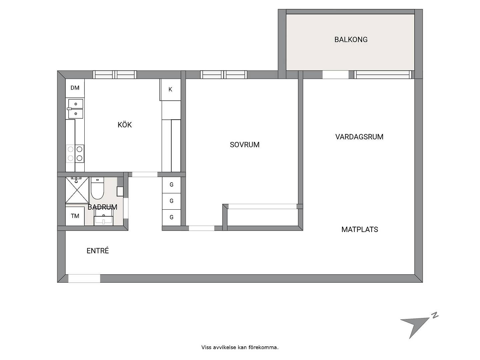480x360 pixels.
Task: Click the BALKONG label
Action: click(351, 40)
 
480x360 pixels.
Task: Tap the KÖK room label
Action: click(125, 125)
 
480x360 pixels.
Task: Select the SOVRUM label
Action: click(244, 145)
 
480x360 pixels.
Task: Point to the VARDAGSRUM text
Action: click(359, 137)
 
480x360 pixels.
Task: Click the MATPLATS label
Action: click(360, 230)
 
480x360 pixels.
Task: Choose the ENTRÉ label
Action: click(98, 251)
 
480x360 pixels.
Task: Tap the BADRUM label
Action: click(102, 207)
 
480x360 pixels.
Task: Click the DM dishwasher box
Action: click(75, 88)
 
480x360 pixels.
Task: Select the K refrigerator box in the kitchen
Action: click(170, 90)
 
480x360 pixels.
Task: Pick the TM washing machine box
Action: click(75, 216)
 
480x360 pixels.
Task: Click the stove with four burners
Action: click(75, 154)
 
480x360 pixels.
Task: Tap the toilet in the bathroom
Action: click(97, 188)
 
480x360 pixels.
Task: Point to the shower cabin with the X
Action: click(77, 190)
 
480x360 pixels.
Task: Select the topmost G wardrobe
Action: click(171, 185)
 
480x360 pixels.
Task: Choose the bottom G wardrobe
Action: click(171, 217)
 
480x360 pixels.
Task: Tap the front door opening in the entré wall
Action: click(84, 278)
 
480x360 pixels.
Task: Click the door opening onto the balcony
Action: click(335, 75)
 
